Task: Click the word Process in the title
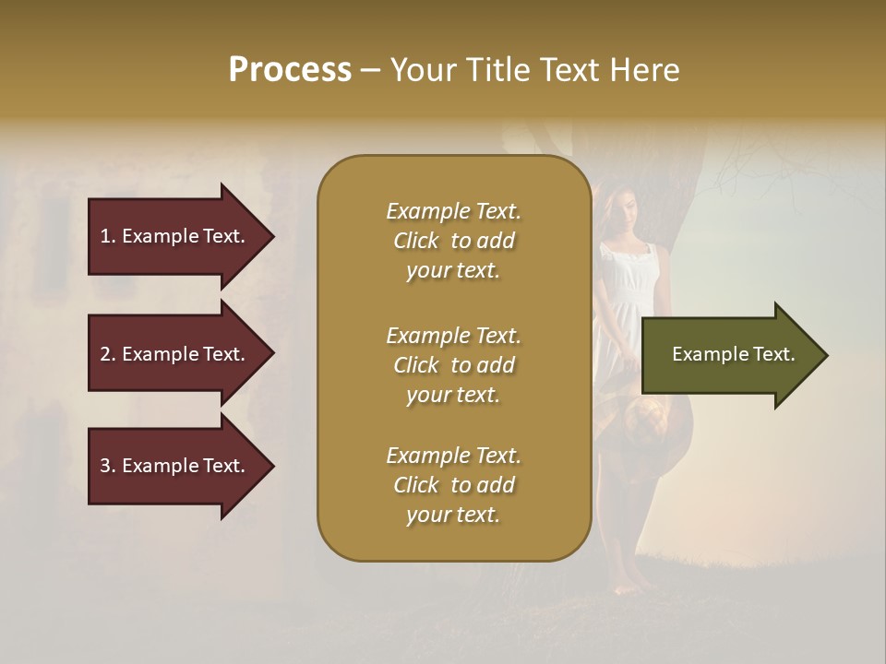pyautogui.click(x=290, y=70)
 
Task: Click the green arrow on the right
pyautogui.click(x=729, y=355)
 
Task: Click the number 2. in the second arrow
pyautogui.click(x=108, y=354)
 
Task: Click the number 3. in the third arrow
pyautogui.click(x=108, y=466)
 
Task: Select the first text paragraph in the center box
pyautogui.click(x=453, y=241)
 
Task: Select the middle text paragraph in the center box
pyautogui.click(x=453, y=365)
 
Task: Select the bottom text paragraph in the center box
pyautogui.click(x=453, y=485)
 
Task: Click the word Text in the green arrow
pyautogui.click(x=773, y=354)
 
